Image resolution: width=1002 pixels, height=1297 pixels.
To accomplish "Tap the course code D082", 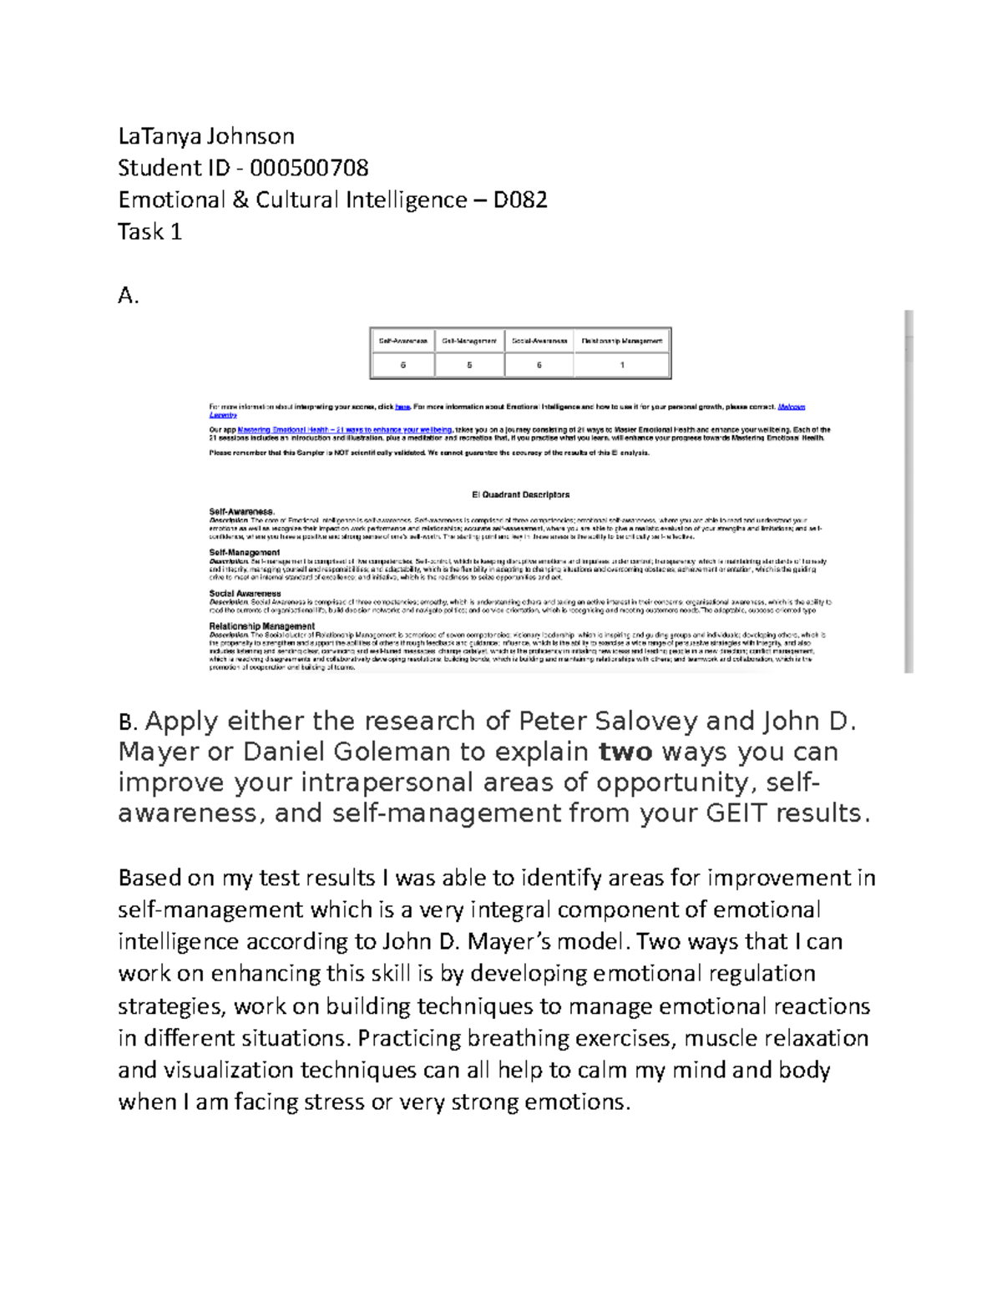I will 519,200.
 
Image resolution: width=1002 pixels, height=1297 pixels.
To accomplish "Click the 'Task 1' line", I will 149,231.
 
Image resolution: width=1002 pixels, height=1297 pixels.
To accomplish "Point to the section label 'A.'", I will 128,295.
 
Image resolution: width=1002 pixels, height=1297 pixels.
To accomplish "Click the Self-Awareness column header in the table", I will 403,341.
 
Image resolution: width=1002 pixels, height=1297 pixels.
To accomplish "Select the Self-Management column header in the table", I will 469,341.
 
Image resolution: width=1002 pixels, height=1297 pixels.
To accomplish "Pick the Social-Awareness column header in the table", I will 539,341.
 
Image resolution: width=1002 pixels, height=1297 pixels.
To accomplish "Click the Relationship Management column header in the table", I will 621,341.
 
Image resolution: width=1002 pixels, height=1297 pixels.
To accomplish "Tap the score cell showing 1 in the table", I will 622,365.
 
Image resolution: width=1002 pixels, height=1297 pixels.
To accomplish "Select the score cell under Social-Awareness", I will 539,365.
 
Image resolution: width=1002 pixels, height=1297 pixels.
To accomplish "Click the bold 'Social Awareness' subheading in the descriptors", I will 245,594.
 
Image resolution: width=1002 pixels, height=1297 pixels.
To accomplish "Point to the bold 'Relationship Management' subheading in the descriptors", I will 261,626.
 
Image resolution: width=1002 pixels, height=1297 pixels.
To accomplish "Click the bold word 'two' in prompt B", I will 626,752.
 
